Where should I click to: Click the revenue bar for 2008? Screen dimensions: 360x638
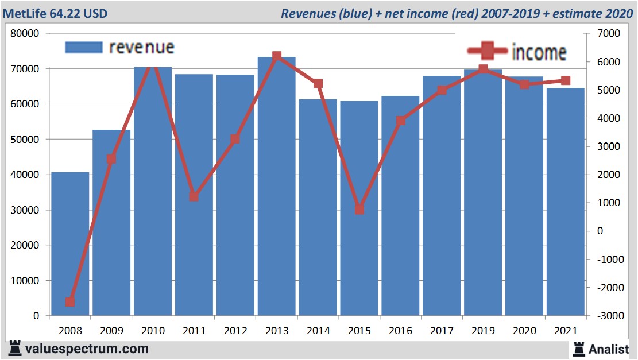(x=70, y=244)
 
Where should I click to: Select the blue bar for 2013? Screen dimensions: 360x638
(x=277, y=187)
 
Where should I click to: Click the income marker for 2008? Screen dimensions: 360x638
(x=70, y=301)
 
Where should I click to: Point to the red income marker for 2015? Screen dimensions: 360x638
(x=359, y=210)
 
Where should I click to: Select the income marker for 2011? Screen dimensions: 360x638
(x=194, y=197)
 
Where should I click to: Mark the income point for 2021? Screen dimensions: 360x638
(x=566, y=80)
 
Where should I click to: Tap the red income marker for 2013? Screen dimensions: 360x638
(x=277, y=56)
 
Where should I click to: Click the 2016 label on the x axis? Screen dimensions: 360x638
(x=400, y=331)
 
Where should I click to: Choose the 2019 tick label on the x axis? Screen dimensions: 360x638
(x=483, y=331)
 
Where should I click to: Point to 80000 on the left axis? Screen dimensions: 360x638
(x=24, y=33)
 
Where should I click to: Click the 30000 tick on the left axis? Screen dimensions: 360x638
(x=24, y=210)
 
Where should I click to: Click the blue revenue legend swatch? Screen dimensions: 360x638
(x=84, y=47)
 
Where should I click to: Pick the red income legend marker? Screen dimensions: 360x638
(x=487, y=51)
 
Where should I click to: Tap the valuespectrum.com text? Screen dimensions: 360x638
(x=86, y=349)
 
